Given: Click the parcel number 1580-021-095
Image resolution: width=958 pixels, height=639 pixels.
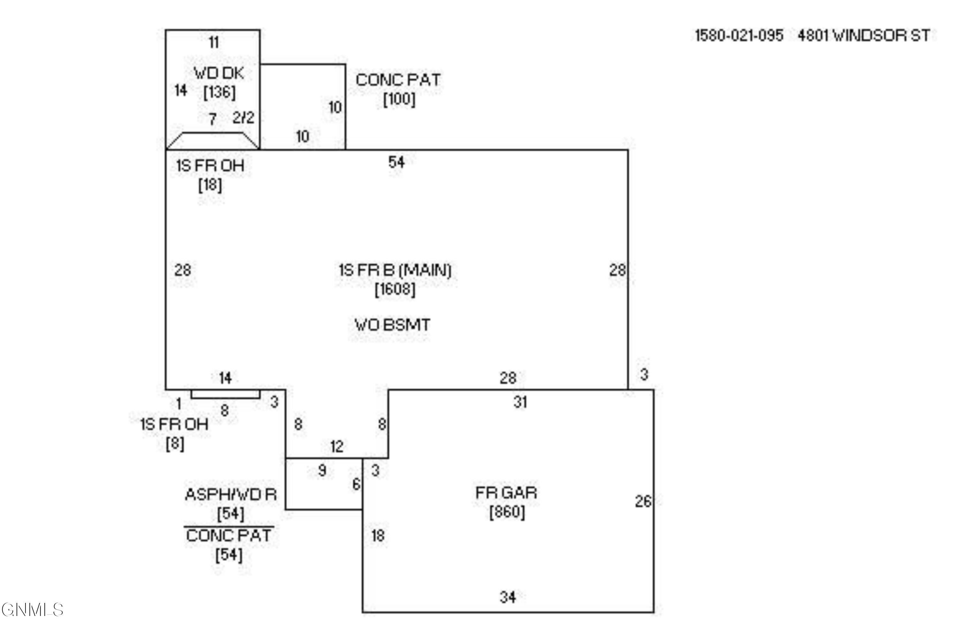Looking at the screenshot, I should pyautogui.click(x=738, y=36).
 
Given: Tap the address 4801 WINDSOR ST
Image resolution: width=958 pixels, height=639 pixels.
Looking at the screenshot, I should pyautogui.click(x=864, y=36).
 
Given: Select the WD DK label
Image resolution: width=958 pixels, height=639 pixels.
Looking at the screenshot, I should pyautogui.click(x=219, y=73).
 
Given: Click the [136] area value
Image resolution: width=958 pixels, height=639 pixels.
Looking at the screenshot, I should pyautogui.click(x=219, y=92).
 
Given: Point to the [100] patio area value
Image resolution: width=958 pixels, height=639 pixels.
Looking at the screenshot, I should pyautogui.click(x=399, y=99).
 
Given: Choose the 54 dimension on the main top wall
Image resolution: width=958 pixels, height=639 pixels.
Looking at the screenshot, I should pyautogui.click(x=396, y=162).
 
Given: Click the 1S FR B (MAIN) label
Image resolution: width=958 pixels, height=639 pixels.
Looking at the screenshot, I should pyautogui.click(x=395, y=270).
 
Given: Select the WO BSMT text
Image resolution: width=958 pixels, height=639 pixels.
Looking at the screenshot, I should pyautogui.click(x=392, y=325).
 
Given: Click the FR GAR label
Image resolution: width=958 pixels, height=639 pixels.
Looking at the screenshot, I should pyautogui.click(x=506, y=493).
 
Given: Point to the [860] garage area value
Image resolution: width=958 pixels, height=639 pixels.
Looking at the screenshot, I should pyautogui.click(x=507, y=512).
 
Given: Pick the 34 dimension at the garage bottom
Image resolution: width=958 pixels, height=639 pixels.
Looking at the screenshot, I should pyautogui.click(x=507, y=597).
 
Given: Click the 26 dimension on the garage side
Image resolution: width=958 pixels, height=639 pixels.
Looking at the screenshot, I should pyautogui.click(x=643, y=501).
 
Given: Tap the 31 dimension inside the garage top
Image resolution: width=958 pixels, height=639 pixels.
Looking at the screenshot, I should pyautogui.click(x=520, y=402).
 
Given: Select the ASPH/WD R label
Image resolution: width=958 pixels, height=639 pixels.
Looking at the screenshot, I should pyautogui.click(x=231, y=495).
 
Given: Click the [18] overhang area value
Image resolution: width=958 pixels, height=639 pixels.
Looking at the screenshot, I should pyautogui.click(x=210, y=185).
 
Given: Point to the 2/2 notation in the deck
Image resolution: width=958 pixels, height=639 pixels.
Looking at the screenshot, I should pyautogui.click(x=243, y=118).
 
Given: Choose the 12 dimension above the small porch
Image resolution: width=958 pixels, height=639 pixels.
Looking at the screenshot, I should pyautogui.click(x=337, y=447).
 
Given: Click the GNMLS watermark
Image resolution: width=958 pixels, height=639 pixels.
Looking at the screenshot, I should pyautogui.click(x=33, y=610).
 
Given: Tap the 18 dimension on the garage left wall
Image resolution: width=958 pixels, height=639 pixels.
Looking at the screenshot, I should pyautogui.click(x=377, y=535).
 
